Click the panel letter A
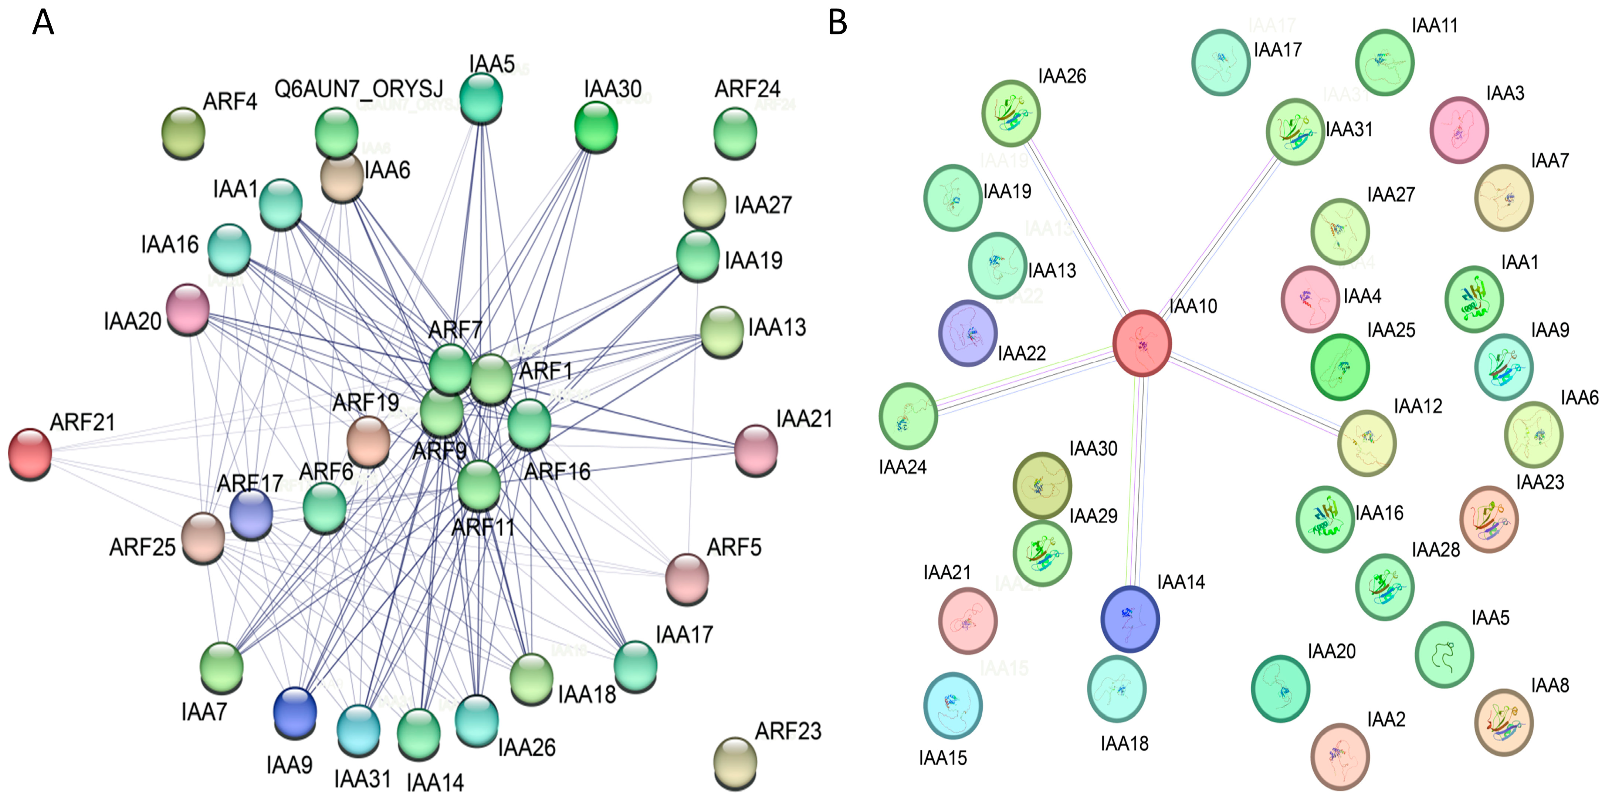click(43, 23)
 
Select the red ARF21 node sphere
click(30, 453)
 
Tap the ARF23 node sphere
click(735, 762)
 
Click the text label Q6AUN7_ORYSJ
click(359, 89)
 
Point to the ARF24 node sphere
click(735, 132)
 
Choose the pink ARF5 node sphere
click(687, 578)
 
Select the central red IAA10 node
click(1142, 343)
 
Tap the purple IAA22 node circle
click(968, 333)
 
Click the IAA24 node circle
click(908, 416)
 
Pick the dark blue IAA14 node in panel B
click(1130, 619)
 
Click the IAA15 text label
click(943, 758)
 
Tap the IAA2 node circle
click(1340, 756)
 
